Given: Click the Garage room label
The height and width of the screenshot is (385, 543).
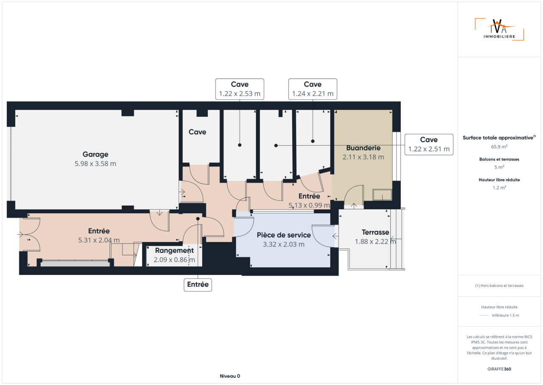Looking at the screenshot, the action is (95, 154).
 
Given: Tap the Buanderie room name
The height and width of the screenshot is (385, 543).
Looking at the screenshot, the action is (363, 148).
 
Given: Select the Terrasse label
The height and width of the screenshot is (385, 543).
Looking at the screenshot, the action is (375, 232).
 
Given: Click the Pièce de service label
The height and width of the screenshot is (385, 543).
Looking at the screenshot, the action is (284, 235).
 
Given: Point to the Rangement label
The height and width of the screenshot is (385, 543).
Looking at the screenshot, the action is (174, 251).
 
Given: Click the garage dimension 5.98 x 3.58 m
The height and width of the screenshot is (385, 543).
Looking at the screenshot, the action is (95, 164).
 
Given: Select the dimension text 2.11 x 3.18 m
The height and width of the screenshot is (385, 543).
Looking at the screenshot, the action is (363, 157).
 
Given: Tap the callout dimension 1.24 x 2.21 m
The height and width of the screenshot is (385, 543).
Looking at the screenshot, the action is (313, 94).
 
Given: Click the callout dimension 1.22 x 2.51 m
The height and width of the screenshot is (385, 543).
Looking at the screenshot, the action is (429, 149).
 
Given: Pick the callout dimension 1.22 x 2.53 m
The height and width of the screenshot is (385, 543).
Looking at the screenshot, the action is (240, 94).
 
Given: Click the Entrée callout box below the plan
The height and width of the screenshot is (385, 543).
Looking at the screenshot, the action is (198, 285).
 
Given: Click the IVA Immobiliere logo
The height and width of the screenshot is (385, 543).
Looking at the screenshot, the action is (499, 29).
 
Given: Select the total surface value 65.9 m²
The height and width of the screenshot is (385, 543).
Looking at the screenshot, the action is (499, 147).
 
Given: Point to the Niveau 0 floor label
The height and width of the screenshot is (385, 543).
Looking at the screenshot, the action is (230, 376).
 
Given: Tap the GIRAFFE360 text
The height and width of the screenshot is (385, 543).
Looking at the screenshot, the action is (499, 369).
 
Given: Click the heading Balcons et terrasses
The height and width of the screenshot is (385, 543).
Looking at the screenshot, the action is (499, 159).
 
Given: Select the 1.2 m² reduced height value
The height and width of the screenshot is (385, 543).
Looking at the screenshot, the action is (499, 188).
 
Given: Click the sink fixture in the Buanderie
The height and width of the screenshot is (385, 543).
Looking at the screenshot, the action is (382, 195).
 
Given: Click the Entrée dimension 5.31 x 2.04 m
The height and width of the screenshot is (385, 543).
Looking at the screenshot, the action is (99, 240).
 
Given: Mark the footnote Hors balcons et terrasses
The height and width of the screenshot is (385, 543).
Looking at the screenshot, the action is (499, 286).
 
